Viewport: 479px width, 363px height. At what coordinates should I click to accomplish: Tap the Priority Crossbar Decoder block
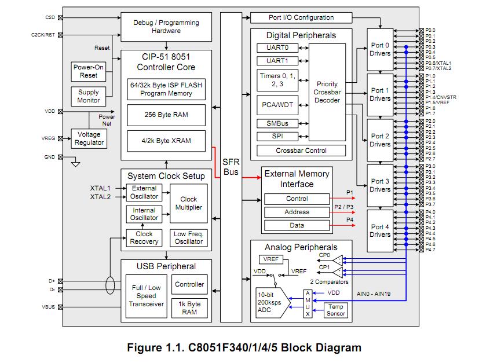pos(327,92)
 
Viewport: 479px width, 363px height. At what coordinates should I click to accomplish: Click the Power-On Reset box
pos(89,71)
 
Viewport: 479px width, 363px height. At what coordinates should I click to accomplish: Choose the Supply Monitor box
pos(89,96)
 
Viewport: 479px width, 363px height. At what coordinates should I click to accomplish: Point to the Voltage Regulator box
pos(89,138)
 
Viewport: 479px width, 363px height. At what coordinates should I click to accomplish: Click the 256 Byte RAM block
pos(166,115)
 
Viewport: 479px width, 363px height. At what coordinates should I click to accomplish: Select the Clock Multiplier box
pos(188,203)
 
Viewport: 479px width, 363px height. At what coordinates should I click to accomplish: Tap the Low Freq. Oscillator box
pos(188,237)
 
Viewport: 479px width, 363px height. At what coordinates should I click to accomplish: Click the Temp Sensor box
pos(336,310)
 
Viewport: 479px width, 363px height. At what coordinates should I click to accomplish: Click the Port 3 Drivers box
pos(380,185)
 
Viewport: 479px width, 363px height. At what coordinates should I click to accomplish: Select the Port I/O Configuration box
pos(301,18)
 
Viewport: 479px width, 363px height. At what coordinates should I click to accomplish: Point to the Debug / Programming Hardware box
pos(166,27)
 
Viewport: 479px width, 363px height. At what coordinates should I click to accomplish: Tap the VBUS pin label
pos(49,307)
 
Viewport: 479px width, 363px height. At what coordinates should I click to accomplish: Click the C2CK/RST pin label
pos(43,35)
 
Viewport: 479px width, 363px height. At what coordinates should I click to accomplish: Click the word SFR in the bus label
pos(231,163)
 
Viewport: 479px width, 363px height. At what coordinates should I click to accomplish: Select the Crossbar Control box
pos(301,151)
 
